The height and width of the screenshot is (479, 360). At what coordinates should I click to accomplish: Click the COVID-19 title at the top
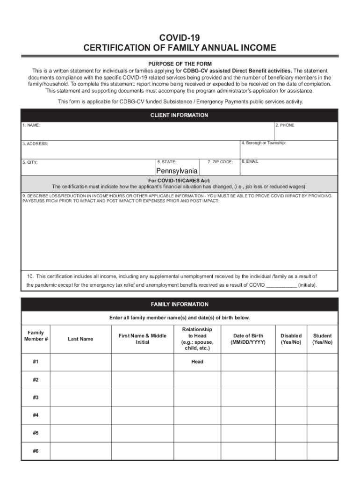(x=180, y=37)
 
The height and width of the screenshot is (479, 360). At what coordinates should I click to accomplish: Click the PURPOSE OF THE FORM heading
(x=180, y=64)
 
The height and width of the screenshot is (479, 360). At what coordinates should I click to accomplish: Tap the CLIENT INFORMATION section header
(x=180, y=115)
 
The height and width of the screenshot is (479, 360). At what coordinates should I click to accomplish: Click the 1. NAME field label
(x=31, y=126)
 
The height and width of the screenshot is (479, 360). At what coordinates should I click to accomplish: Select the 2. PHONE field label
(x=285, y=125)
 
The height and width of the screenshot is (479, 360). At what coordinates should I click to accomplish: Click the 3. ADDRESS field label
(x=35, y=144)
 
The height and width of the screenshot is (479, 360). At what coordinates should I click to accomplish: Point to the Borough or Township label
(x=264, y=143)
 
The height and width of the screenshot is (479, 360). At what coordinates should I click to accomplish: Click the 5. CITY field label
(x=30, y=162)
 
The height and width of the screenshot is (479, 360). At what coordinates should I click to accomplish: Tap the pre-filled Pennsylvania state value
(x=177, y=171)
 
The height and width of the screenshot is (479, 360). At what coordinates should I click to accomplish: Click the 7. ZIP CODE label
(x=220, y=162)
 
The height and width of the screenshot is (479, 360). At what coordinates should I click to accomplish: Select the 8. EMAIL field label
(x=250, y=161)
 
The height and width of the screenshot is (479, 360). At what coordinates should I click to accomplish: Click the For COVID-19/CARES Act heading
(x=180, y=181)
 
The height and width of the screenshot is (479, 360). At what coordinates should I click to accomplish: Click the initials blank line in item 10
(x=281, y=285)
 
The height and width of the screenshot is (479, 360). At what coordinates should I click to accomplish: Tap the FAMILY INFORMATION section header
(x=180, y=305)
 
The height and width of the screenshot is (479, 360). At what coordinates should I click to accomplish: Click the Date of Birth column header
(x=248, y=339)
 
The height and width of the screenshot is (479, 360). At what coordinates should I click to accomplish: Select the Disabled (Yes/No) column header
(x=291, y=339)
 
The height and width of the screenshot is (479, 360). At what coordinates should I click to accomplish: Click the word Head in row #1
(x=197, y=362)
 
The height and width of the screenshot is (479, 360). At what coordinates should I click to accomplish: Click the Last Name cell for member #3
(x=80, y=398)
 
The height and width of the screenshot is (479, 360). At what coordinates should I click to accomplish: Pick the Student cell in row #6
(x=322, y=450)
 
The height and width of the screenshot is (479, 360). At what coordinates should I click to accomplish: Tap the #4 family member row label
(x=36, y=415)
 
